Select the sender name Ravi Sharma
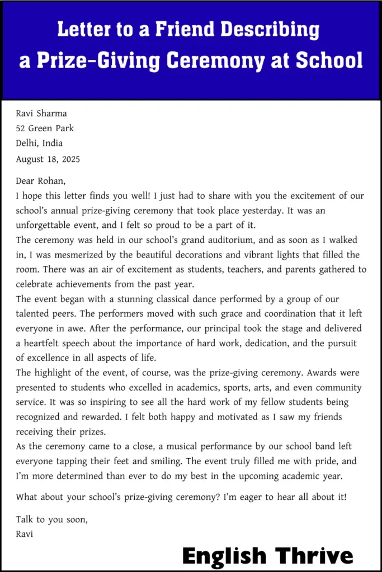coord(41,113)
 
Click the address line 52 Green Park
coord(45,128)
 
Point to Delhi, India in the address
coord(39,144)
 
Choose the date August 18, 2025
coord(48,159)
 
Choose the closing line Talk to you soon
coord(52,519)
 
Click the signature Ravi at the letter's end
coord(25,534)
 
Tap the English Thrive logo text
coord(267,556)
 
